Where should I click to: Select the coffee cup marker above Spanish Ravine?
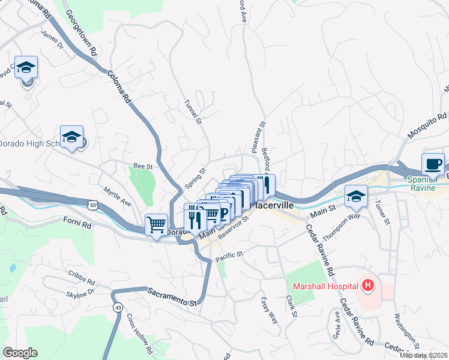point(433,164)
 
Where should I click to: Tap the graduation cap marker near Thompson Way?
point(356,196)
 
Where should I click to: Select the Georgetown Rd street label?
point(80,34)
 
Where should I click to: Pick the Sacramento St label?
point(172,297)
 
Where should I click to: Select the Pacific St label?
point(229,256)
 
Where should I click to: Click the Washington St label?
point(406,330)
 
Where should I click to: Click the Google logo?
point(20,353)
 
